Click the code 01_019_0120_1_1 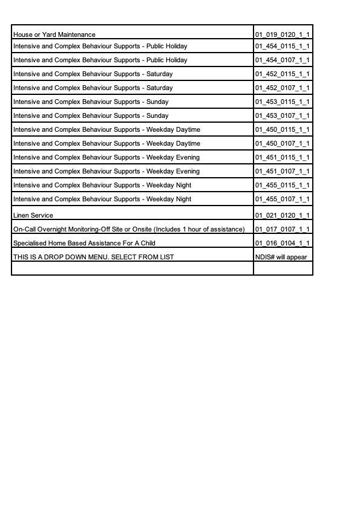282,34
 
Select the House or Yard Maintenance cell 54,34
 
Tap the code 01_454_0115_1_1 282,46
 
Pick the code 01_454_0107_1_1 282,60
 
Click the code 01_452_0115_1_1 282,74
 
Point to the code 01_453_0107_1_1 282,115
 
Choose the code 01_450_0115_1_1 282,129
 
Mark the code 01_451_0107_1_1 282,171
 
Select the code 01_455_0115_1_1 282,185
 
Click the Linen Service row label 33,215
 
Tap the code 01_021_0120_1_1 282,215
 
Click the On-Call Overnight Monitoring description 129,229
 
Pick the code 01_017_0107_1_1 282,229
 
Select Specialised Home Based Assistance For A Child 84,243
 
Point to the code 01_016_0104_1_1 282,243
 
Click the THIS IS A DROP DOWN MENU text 93,257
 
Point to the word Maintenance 76,34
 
